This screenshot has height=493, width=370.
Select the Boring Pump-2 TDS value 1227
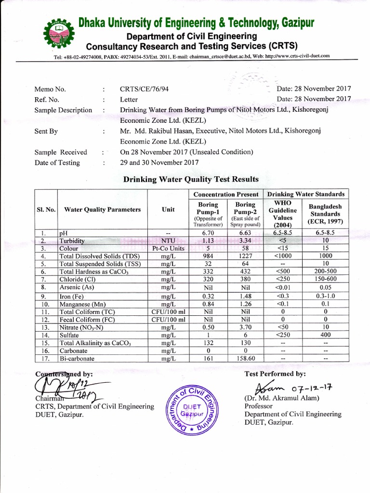coord(245,256)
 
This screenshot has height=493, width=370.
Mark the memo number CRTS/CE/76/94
coord(144,89)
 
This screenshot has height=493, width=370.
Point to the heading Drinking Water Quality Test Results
coord(191,179)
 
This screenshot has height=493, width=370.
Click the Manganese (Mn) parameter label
coord(82,304)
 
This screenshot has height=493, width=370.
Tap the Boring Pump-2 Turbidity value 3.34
coord(245,241)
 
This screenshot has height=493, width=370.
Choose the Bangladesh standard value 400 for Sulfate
coord(326,335)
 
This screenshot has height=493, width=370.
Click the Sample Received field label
coord(61,152)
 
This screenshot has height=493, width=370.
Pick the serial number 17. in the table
coord(46,358)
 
